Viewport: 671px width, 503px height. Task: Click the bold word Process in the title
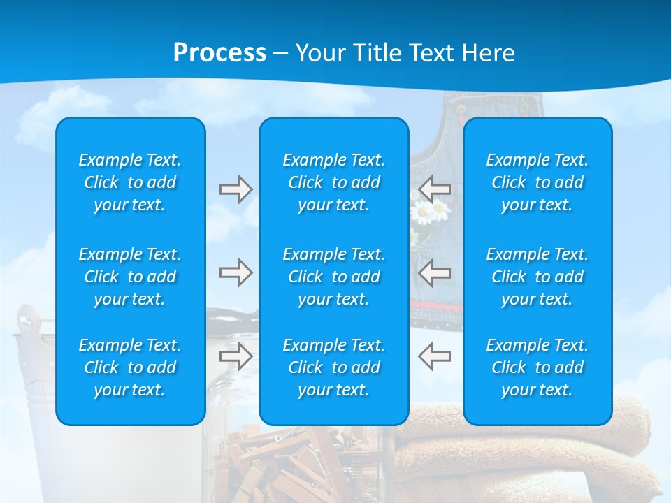point(219,53)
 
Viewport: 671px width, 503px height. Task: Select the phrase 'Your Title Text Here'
point(405,53)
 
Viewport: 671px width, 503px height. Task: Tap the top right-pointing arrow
point(236,189)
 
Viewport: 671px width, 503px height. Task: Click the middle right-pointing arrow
point(236,272)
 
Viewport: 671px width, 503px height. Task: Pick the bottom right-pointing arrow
point(236,356)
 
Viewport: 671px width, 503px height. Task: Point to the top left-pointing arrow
point(434,188)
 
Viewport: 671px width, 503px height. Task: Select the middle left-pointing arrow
point(434,272)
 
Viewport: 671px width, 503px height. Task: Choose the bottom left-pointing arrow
point(434,356)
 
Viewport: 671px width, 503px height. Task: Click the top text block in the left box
point(130,182)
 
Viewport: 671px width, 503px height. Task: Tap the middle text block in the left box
point(130,277)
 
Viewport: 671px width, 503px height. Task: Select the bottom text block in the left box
point(130,367)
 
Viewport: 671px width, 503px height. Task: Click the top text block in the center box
point(334,182)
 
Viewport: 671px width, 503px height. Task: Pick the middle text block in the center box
point(334,277)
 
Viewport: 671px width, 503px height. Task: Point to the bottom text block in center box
point(334,367)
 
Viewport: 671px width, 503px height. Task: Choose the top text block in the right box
point(537,182)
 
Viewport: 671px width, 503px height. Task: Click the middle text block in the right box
point(537,277)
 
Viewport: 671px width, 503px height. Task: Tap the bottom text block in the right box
point(537,367)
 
